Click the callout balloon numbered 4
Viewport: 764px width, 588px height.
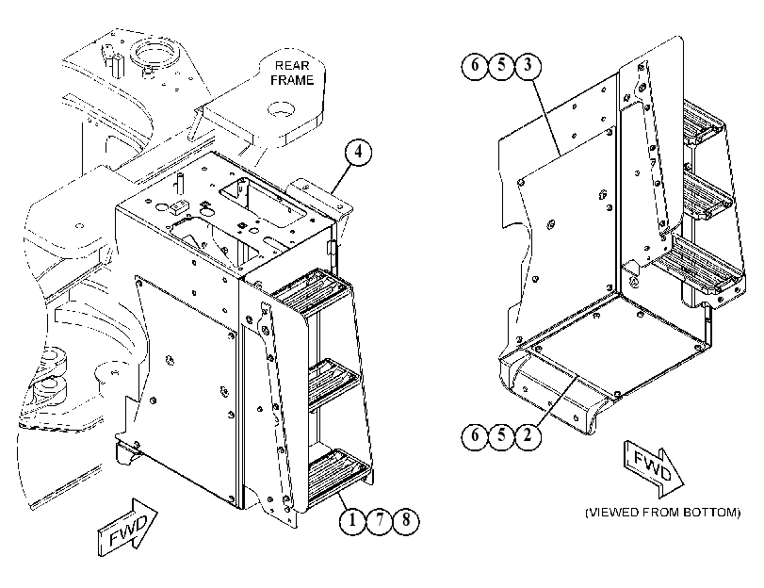pos(358,153)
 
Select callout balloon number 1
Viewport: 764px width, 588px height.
pos(352,521)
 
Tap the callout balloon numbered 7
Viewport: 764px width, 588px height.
pos(380,521)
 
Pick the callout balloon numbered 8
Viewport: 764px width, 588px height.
pos(406,521)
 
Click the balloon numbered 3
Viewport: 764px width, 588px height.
pos(528,65)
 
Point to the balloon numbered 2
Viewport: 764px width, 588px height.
pos(528,435)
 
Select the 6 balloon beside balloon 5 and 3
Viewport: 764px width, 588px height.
pos(475,65)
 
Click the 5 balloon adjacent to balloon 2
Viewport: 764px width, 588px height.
pos(501,435)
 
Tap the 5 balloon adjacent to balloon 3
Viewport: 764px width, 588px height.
pos(501,65)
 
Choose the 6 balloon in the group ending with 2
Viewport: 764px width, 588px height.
pos(475,435)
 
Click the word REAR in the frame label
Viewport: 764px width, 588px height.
pos(292,65)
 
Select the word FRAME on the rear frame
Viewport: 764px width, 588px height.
pos(292,80)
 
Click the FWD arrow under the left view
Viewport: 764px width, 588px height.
pos(128,527)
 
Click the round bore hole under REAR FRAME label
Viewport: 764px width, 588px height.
pos(282,110)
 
